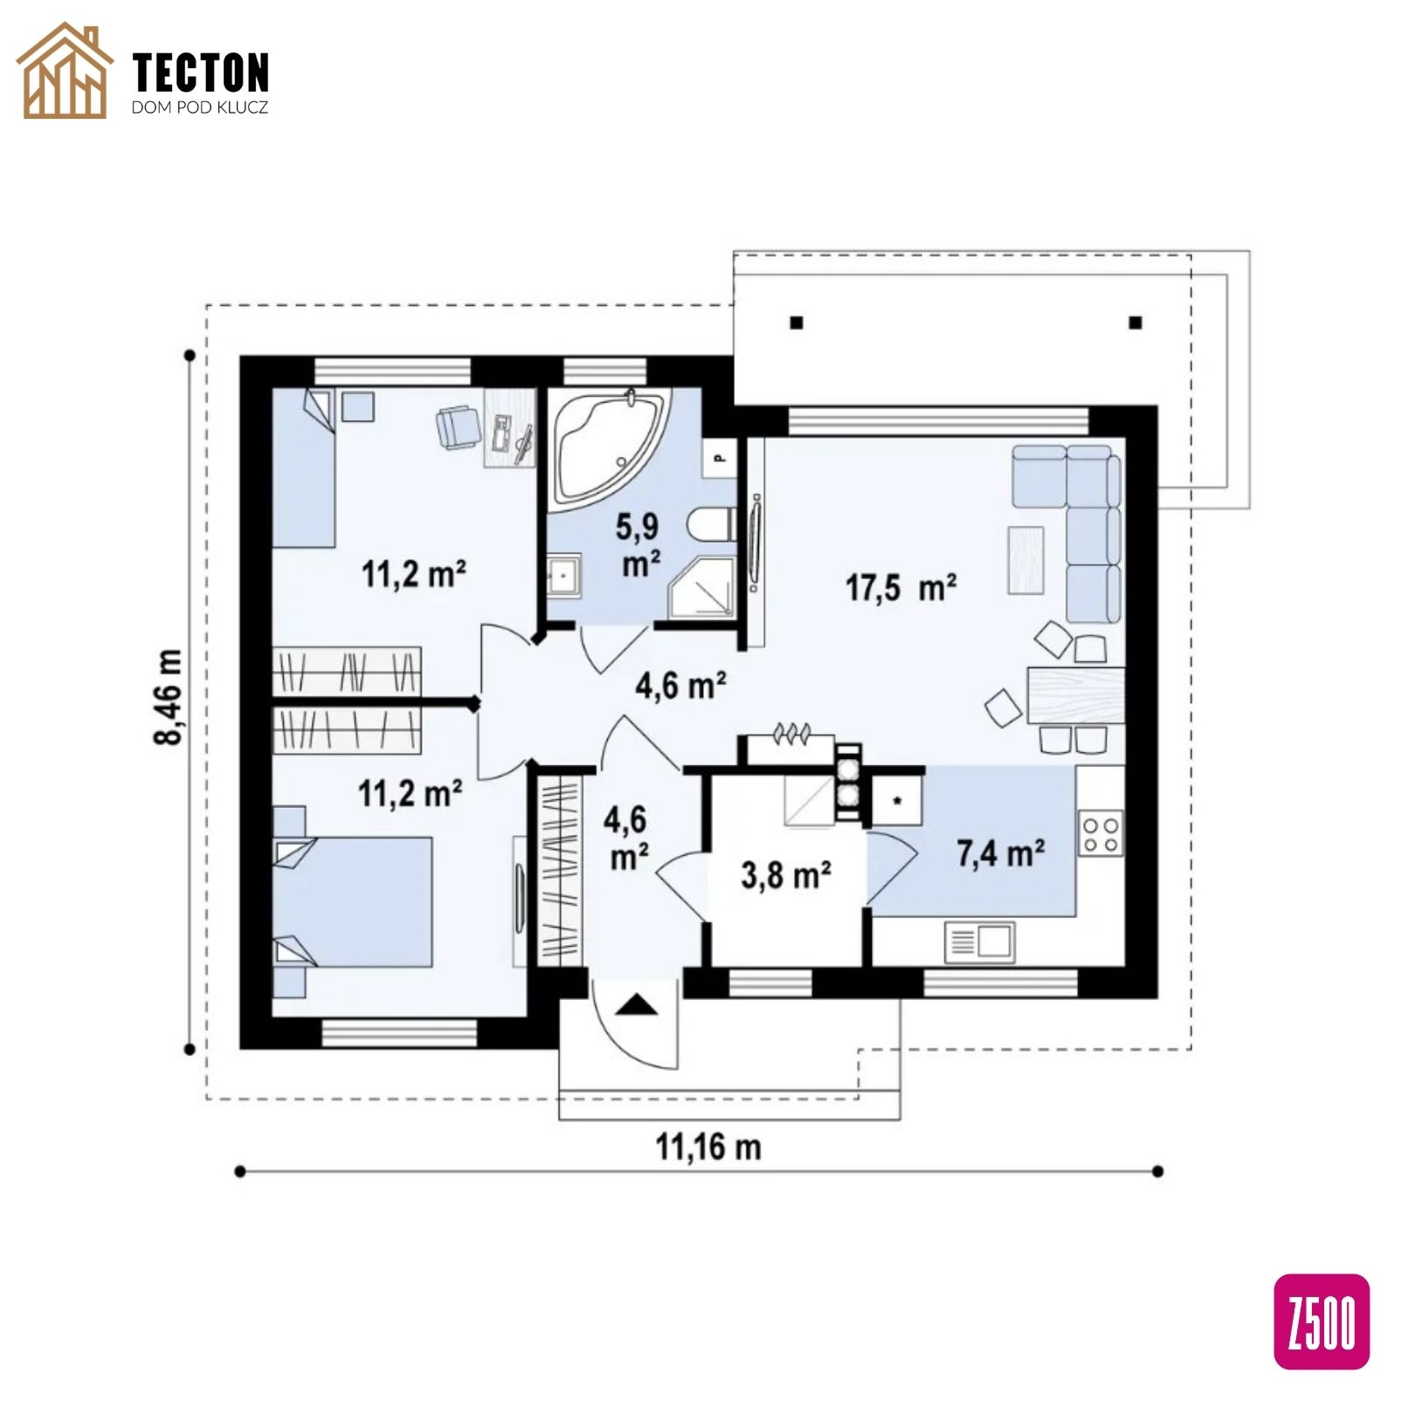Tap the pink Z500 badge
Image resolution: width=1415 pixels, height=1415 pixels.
pyautogui.click(x=1322, y=1322)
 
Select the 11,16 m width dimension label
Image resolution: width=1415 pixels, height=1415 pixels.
pyautogui.click(x=708, y=1146)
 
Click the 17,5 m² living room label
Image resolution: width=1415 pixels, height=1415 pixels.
pyautogui.click(x=901, y=587)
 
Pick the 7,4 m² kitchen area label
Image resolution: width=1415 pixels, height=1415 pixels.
pyautogui.click(x=1001, y=852)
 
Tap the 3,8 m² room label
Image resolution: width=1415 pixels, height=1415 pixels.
pyautogui.click(x=786, y=874)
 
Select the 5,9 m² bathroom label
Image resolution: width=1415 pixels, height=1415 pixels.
pyautogui.click(x=640, y=545)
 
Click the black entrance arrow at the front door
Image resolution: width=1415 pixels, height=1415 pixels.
pyautogui.click(x=638, y=1005)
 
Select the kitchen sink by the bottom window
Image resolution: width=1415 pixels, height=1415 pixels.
pyautogui.click(x=980, y=942)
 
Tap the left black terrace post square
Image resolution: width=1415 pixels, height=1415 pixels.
pyautogui.click(x=796, y=322)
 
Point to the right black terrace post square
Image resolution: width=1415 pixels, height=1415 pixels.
pyautogui.click(x=1135, y=322)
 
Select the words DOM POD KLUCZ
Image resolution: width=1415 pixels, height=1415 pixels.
pyautogui.click(x=199, y=108)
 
